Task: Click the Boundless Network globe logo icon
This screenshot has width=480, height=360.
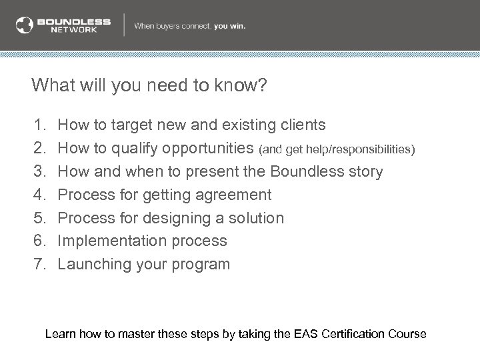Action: click(24, 25)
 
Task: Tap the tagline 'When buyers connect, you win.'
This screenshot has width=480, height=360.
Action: click(190, 26)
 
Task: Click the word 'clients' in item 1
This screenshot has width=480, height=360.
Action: click(303, 125)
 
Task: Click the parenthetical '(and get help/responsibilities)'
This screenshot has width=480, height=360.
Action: click(339, 149)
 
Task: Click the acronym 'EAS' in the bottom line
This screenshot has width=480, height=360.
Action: click(305, 334)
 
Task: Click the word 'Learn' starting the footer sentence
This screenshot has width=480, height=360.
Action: click(59, 334)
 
